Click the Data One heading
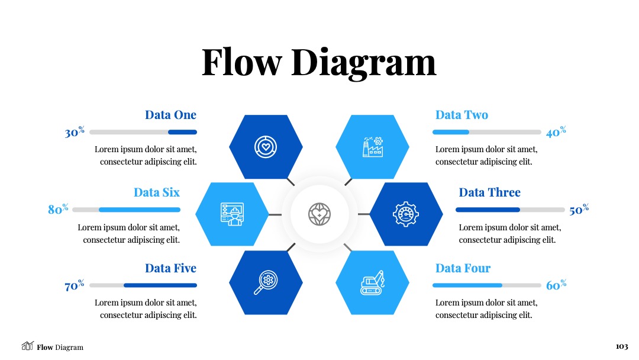pyautogui.click(x=171, y=115)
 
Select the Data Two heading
pyautogui.click(x=461, y=115)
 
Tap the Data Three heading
pyautogui.click(x=490, y=192)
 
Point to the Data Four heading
pyautogui.click(x=463, y=268)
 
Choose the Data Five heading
pyautogui.click(x=171, y=268)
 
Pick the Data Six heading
pyautogui.click(x=157, y=192)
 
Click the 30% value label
pyautogui.click(x=75, y=132)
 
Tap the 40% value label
pyautogui.click(x=556, y=132)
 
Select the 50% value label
pyautogui.click(x=579, y=210)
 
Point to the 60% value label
pyautogui.click(x=556, y=285)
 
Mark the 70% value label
pyautogui.click(x=75, y=285)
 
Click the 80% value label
pyautogui.click(x=58, y=209)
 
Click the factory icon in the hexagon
pyautogui.click(x=373, y=147)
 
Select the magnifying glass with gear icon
pyautogui.click(x=266, y=282)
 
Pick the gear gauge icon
pyautogui.click(x=405, y=214)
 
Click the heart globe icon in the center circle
pyautogui.click(x=319, y=214)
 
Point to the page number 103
pyautogui.click(x=622, y=346)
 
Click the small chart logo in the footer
pyautogui.click(x=27, y=346)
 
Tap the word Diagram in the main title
pyautogui.click(x=364, y=63)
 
